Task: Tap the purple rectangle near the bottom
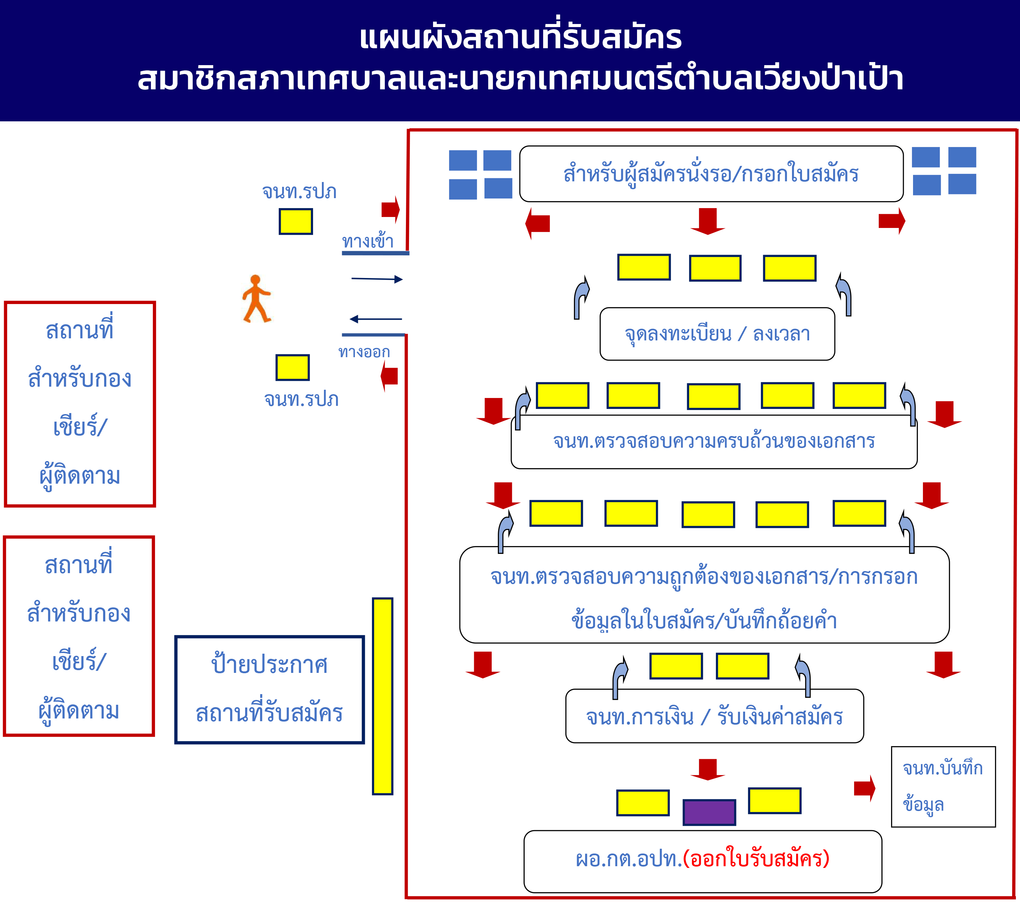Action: [x=709, y=812]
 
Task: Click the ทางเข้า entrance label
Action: [x=368, y=241]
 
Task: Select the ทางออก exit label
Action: [x=364, y=352]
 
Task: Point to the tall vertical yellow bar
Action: [x=382, y=696]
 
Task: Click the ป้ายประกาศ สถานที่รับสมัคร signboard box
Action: [x=269, y=689]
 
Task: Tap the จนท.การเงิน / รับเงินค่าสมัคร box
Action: [x=714, y=716]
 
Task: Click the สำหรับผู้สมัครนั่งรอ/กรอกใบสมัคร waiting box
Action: [x=711, y=173]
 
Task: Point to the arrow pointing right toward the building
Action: [x=377, y=279]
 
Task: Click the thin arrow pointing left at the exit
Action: [x=375, y=319]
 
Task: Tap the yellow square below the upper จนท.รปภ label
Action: [x=296, y=221]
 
